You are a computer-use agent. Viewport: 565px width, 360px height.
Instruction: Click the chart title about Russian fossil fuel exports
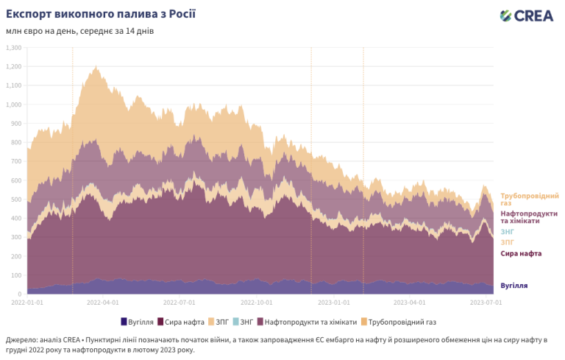pyautogui.click(x=101, y=14)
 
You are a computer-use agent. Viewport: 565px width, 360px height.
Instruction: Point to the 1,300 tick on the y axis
pyautogui.click(x=14, y=47)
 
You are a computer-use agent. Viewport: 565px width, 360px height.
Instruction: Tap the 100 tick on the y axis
pyautogui.click(x=15, y=275)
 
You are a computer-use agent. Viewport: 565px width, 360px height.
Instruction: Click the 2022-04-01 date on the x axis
pyautogui.click(x=103, y=302)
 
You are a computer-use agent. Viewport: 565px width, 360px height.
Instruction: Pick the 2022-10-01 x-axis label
pyautogui.click(x=257, y=302)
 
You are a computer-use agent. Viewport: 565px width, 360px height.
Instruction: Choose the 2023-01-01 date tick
pyautogui.click(x=334, y=302)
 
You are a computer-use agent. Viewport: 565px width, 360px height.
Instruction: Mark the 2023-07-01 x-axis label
pyautogui.click(x=486, y=302)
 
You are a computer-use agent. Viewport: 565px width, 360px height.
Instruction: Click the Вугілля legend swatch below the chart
pyautogui.click(x=124, y=322)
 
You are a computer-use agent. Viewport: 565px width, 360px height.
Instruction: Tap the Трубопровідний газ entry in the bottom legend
pyautogui.click(x=402, y=322)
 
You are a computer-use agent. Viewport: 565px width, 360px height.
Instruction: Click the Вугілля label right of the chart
pyautogui.click(x=514, y=286)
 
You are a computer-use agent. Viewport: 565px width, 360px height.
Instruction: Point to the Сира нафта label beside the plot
pyautogui.click(x=521, y=254)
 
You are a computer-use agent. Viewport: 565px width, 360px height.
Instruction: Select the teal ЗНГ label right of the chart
pyautogui.click(x=508, y=231)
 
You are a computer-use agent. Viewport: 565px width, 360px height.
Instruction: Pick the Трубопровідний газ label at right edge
pyautogui.click(x=529, y=199)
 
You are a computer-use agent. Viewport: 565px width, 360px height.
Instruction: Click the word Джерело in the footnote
pyautogui.click(x=23, y=339)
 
